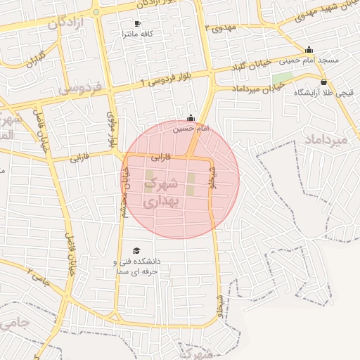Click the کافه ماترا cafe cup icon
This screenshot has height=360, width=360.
(x=137, y=23)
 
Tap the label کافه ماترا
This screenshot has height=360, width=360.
(x=137, y=34)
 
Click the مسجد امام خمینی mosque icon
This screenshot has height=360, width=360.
(x=309, y=49)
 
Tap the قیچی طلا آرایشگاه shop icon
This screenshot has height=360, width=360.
(x=323, y=82)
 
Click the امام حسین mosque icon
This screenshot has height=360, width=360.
(x=191, y=118)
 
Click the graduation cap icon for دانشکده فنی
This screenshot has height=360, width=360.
(x=136, y=250)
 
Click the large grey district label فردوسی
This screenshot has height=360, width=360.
(x=80, y=89)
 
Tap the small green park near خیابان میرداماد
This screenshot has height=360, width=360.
(x=283, y=77)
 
